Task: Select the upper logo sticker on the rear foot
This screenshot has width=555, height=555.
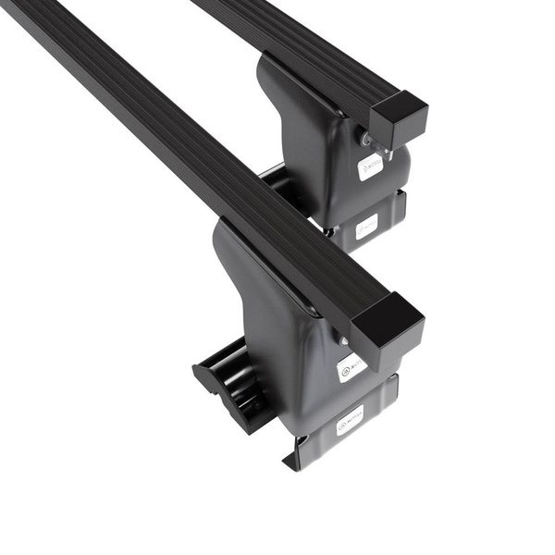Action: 371,167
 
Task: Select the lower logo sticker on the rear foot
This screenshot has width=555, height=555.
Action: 367,224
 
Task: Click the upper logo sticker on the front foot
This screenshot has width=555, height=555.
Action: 351,367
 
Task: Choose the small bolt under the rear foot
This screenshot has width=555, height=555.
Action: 328,233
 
